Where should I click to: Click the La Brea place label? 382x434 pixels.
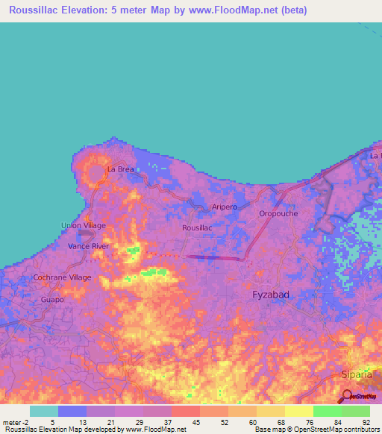(x=120, y=169)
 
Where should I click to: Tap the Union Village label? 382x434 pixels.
(x=83, y=225)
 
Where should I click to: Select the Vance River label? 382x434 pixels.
(x=89, y=245)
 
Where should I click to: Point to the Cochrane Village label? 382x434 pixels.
(x=62, y=277)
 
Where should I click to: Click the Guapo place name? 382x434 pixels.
(x=53, y=299)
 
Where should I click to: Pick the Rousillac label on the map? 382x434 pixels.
(x=198, y=227)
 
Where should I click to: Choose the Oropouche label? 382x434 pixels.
(x=278, y=213)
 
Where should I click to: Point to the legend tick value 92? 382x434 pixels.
(x=366, y=421)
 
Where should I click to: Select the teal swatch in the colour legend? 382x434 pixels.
(x=44, y=411)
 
